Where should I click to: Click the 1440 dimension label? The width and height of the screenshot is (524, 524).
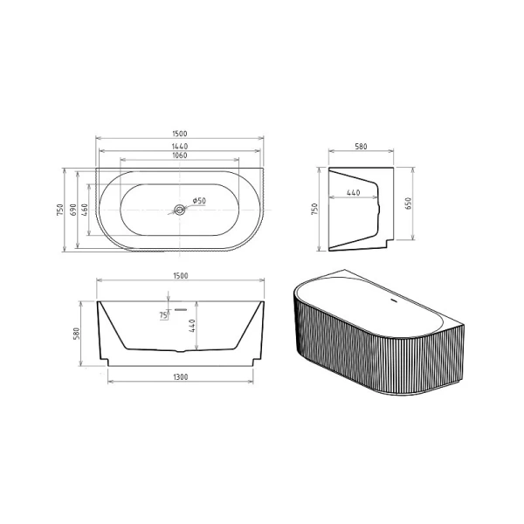click(179, 145)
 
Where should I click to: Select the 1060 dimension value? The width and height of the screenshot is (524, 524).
click(179, 156)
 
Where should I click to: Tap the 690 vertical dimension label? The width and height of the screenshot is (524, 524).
click(73, 210)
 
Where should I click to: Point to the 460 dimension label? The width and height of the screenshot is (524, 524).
click(85, 210)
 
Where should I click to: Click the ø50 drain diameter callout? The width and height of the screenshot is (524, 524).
click(198, 202)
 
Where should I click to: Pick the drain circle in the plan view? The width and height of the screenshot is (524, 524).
click(179, 210)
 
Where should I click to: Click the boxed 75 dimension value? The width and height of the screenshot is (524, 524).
click(163, 315)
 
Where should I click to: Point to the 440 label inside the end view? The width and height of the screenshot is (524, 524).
click(354, 192)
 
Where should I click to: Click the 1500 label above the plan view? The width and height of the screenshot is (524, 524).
click(179, 134)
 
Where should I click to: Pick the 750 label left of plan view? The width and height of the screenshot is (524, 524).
click(59, 210)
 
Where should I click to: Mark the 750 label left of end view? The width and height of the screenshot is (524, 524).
click(315, 210)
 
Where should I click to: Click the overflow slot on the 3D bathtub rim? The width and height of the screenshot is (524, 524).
click(391, 302)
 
